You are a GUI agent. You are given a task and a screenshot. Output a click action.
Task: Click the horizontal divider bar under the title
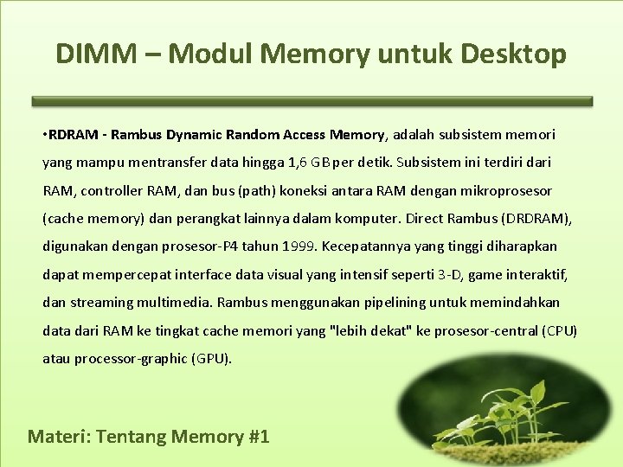[311, 101]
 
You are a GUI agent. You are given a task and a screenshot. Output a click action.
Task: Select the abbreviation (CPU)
[559, 330]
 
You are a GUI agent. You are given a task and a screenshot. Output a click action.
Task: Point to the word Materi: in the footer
[59, 436]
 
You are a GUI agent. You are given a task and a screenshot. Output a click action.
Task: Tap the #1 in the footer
[258, 436]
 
